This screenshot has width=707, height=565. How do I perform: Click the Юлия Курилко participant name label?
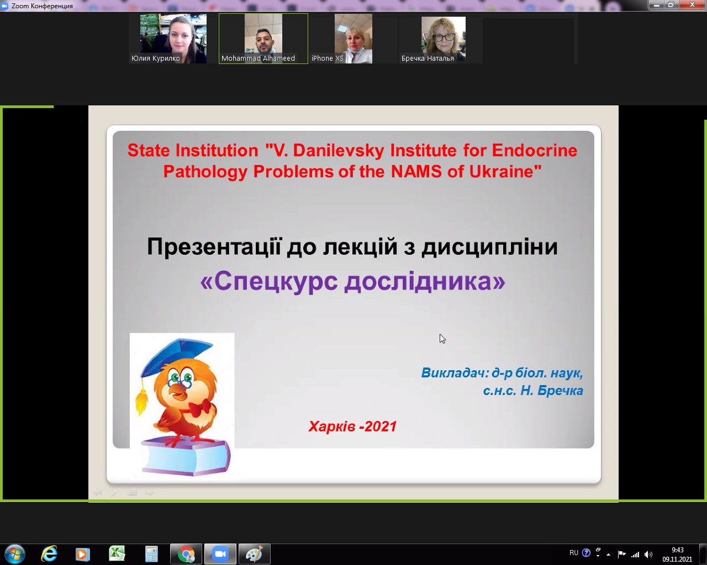pos(155,58)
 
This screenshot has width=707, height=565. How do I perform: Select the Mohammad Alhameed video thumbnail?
pos(263,39)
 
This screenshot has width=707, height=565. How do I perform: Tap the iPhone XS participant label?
pos(327,58)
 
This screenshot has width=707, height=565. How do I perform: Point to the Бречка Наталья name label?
pos(428,58)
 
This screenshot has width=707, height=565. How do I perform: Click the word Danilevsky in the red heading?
pos(338,151)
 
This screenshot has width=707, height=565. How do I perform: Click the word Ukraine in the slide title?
pos(505,172)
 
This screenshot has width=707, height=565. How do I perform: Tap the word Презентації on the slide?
pos(214,247)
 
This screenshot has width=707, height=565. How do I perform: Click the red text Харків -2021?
pos(352,427)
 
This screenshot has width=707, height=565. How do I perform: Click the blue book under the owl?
pos(186,457)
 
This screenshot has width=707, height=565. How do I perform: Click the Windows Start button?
pos(15,554)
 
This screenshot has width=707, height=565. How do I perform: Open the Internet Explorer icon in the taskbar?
pos(49,554)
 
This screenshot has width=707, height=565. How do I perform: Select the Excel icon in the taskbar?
pos(117,554)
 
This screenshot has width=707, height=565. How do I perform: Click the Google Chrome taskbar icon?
pos(186,554)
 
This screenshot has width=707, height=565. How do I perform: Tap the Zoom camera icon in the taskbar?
pos(220,554)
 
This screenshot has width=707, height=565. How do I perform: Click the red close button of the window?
pos(692,4)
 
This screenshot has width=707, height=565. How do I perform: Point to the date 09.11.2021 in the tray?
pos(677,559)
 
